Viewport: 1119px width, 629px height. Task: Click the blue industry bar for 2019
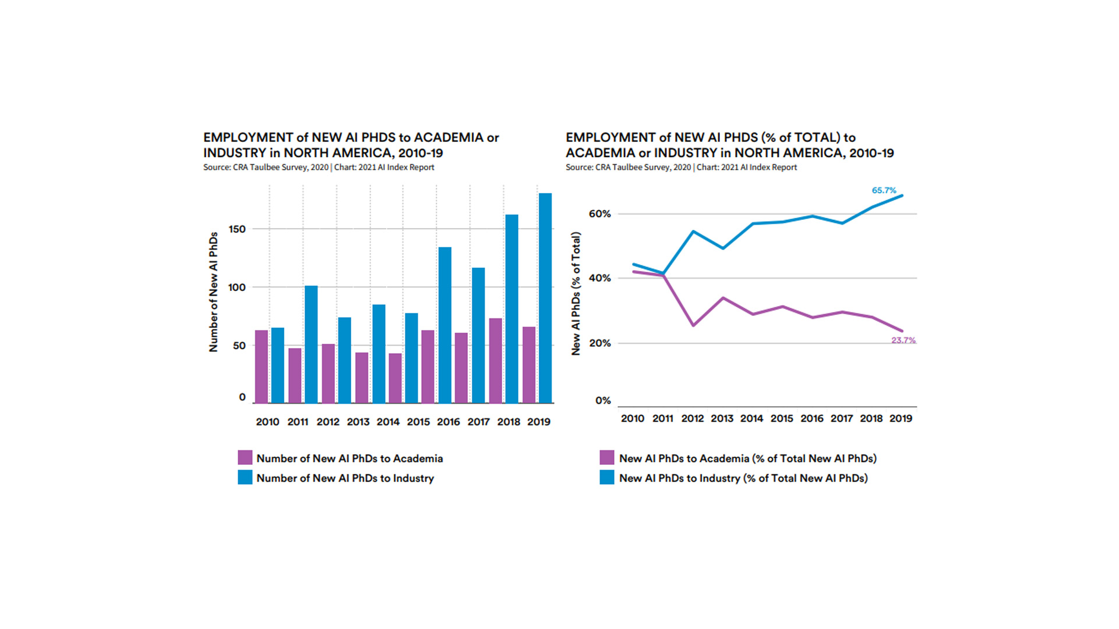[545, 298]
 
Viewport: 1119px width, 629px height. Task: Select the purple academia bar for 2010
[262, 367]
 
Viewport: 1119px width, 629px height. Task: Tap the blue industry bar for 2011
[311, 344]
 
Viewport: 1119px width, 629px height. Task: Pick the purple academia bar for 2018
[496, 361]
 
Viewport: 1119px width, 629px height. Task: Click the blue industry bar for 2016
[445, 325]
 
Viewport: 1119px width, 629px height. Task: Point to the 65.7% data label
[884, 190]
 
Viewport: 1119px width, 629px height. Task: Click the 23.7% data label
[903, 340]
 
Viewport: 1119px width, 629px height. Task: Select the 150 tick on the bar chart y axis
[237, 229]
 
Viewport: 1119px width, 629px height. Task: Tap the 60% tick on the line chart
[599, 214]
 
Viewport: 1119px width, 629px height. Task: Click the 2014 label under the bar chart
[388, 422]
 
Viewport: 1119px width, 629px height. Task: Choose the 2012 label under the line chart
[692, 418]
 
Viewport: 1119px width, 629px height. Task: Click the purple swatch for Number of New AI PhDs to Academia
[245, 458]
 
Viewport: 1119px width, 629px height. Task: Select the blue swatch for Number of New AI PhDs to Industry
[245, 478]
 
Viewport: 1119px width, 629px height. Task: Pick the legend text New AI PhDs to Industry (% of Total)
[743, 478]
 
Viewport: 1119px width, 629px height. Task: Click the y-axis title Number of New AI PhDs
[214, 292]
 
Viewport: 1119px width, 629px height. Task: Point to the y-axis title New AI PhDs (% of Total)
[576, 293]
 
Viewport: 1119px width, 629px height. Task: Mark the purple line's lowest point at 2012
[693, 325]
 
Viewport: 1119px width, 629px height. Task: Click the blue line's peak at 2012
[693, 232]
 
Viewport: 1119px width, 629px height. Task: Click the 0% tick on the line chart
[603, 401]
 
